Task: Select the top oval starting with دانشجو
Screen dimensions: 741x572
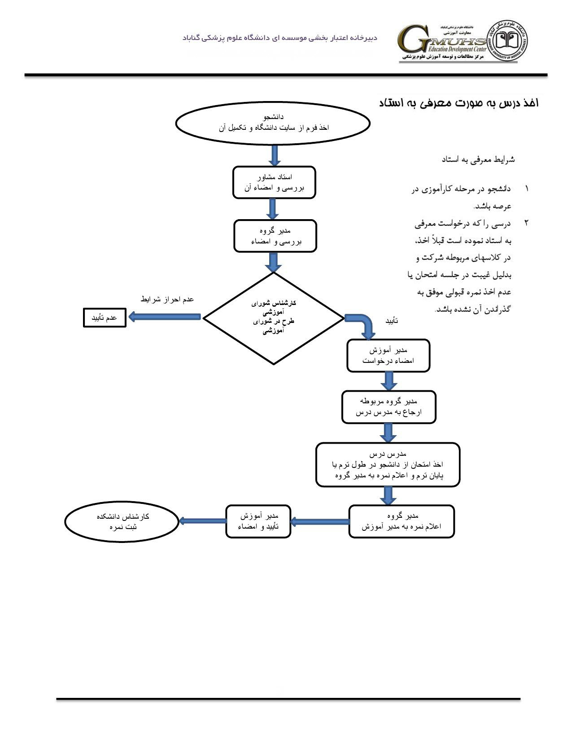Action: (273, 123)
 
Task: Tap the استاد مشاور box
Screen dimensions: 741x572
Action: (274, 182)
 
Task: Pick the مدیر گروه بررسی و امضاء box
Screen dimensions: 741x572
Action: (275, 236)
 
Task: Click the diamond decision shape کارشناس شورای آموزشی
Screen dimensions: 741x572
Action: (273, 318)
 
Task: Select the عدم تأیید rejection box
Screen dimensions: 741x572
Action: (105, 318)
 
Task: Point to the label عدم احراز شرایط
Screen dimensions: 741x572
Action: (167, 299)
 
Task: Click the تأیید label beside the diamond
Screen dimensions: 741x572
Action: (392, 321)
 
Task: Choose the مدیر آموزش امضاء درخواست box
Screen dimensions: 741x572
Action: (388, 355)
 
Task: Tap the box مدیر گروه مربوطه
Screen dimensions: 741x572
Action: (389, 407)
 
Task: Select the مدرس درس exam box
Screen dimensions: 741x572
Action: (388, 464)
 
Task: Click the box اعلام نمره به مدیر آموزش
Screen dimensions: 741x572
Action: (402, 521)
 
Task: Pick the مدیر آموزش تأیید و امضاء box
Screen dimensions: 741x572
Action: (258, 521)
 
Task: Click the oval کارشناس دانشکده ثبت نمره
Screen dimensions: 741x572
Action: (122, 521)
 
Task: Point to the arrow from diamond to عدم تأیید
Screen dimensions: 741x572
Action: (164, 317)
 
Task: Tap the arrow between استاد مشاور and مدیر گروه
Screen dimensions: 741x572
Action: (272, 209)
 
